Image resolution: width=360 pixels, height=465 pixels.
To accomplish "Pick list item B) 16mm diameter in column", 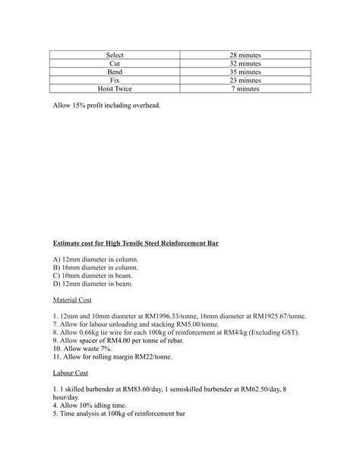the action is (95, 268).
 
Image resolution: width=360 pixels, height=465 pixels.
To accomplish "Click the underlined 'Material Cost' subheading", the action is (74, 300).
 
